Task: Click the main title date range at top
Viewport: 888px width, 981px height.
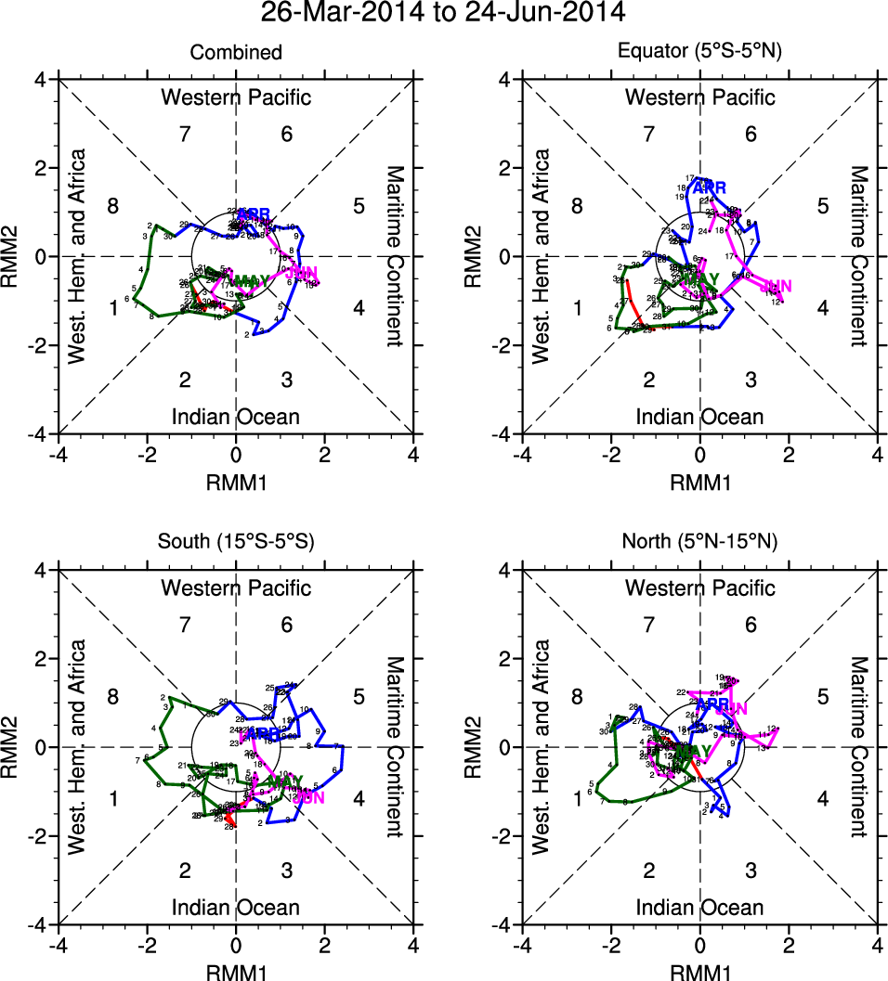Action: [x=443, y=14]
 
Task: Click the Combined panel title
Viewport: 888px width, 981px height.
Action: [x=236, y=53]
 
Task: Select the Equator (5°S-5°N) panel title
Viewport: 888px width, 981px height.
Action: [x=700, y=53]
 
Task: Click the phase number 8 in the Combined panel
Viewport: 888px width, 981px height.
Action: [x=113, y=206]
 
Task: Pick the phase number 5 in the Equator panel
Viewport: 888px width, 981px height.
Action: [x=822, y=206]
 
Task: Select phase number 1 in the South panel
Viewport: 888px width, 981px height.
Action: [x=113, y=798]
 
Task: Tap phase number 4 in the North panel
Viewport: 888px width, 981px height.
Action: [x=822, y=798]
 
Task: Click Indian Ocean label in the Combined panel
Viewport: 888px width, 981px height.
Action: [x=236, y=417]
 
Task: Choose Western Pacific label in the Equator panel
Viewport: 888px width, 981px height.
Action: [x=700, y=97]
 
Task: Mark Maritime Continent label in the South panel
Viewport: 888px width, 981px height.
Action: [x=394, y=747]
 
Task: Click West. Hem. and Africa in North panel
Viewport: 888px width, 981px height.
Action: [x=542, y=747]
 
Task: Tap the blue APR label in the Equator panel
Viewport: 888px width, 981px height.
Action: [x=710, y=187]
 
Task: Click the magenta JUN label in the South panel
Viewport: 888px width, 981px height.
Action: [x=308, y=797]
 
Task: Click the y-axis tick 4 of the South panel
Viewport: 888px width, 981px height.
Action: [x=43, y=570]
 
